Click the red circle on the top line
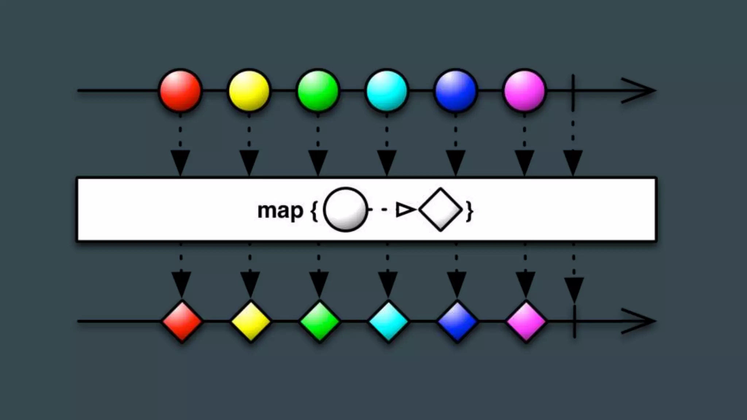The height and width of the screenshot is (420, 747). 180,90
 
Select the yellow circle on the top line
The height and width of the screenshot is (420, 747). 249,90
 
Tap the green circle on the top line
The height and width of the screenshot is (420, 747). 318,90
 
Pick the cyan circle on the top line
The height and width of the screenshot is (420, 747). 387,90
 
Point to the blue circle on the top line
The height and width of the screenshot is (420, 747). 456,90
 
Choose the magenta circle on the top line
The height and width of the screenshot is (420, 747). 525,90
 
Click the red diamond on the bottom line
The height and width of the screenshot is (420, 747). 182,322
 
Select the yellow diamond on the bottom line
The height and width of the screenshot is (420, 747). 251,322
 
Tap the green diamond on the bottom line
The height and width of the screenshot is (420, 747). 320,322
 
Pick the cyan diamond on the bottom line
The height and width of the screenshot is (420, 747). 388,322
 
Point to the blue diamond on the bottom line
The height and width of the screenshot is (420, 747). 457,322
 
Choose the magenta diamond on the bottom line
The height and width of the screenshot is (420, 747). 526,322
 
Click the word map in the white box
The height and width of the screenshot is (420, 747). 280,211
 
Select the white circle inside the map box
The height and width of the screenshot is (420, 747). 345,210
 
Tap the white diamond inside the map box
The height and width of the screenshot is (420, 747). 441,210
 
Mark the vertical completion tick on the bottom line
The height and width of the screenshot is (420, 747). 574,322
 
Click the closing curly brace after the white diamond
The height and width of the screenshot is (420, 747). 470,211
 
